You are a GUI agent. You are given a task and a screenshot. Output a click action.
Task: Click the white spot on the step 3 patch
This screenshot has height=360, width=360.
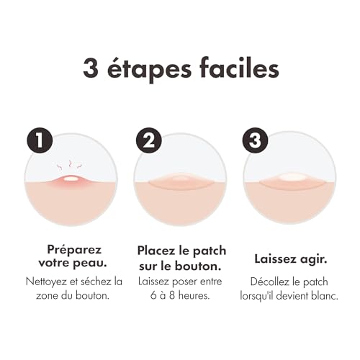pos(291,176)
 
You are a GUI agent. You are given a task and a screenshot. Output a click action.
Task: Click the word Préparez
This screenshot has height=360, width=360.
pos(72,251)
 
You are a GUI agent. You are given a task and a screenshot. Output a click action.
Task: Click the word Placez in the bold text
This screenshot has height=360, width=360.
pos(157,251)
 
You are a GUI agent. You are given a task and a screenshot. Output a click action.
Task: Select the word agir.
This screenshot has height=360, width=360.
pos(314,258)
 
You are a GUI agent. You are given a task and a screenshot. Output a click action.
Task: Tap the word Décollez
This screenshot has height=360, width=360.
pos(274,281)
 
